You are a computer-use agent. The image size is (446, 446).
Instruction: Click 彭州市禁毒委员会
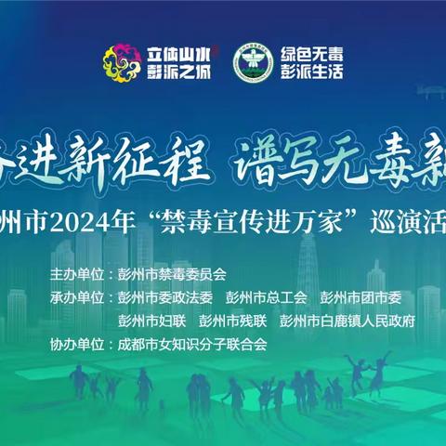pos(173,275)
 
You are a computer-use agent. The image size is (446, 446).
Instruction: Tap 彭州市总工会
pos(268,298)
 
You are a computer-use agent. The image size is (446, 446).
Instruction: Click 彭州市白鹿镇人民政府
pos(347,321)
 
